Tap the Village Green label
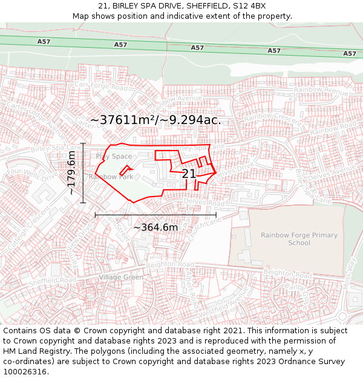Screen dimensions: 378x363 (120, 277)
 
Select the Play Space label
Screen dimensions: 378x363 (113, 157)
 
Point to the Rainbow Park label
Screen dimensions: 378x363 (111, 177)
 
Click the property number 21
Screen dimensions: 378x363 (189, 174)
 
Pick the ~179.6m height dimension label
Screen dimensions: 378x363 (71, 173)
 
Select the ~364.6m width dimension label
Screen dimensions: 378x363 (155, 227)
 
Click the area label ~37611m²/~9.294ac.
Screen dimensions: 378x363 (155, 120)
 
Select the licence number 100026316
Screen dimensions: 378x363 (25, 371)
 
